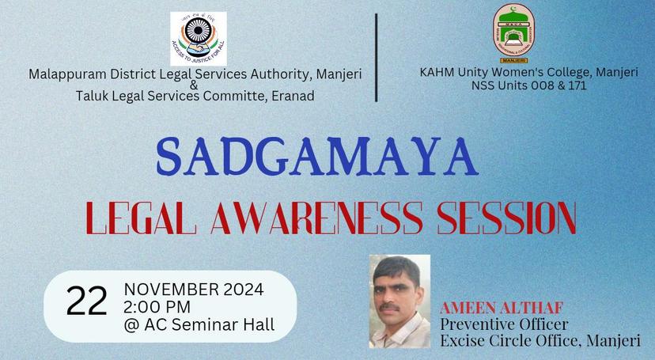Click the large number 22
[x=86, y=301]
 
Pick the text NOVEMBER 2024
[x=194, y=287]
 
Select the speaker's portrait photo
[x=399, y=301]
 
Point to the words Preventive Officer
[x=504, y=324]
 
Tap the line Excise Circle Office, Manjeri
[x=542, y=341]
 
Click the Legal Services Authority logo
[x=198, y=38]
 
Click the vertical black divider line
[x=377, y=57]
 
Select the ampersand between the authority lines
[x=195, y=85]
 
